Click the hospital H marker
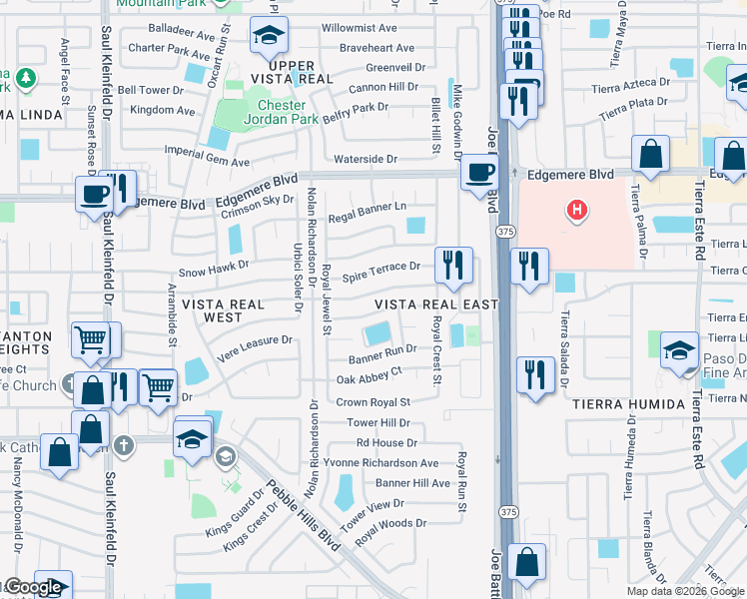tap(575, 211)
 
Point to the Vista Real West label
tap(222, 310)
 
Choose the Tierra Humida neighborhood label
tap(629, 404)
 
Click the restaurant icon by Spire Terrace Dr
tap(453, 265)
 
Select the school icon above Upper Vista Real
tap(268, 37)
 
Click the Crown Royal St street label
tap(373, 402)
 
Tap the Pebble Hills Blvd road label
tap(297, 514)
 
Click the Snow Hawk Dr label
tap(213, 272)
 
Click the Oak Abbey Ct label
tap(369, 379)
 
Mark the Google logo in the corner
tap(32, 587)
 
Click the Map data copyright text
tap(684, 591)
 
